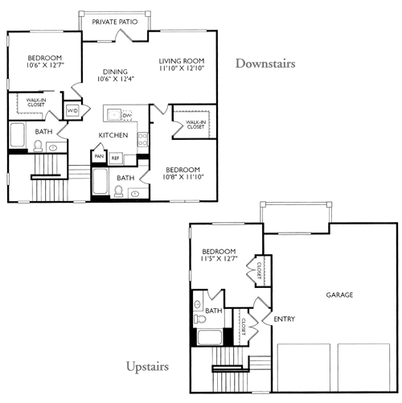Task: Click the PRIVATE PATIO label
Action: pos(115,22)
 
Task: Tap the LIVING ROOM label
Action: pos(182,61)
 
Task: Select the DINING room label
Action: pos(115,72)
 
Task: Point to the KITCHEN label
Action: pos(113,135)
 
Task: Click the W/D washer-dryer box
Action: pos(72,110)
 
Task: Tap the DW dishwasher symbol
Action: pos(127,115)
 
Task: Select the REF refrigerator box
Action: pos(116,158)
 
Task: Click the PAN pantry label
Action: pos(99,156)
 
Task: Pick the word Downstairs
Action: pos(265,64)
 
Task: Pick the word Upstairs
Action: pos(147,367)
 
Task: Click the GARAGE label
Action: pos(339,295)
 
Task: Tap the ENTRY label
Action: pos(285,319)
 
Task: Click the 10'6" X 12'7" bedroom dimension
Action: pos(45,65)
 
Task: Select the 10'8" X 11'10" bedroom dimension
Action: pos(183,177)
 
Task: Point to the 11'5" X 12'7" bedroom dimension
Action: pos(219,258)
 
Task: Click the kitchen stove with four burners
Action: pos(142,139)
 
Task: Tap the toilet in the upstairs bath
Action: pos(199,319)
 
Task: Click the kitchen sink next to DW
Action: pos(114,115)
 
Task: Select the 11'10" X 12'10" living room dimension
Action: pos(182,68)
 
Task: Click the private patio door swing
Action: pos(124,35)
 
